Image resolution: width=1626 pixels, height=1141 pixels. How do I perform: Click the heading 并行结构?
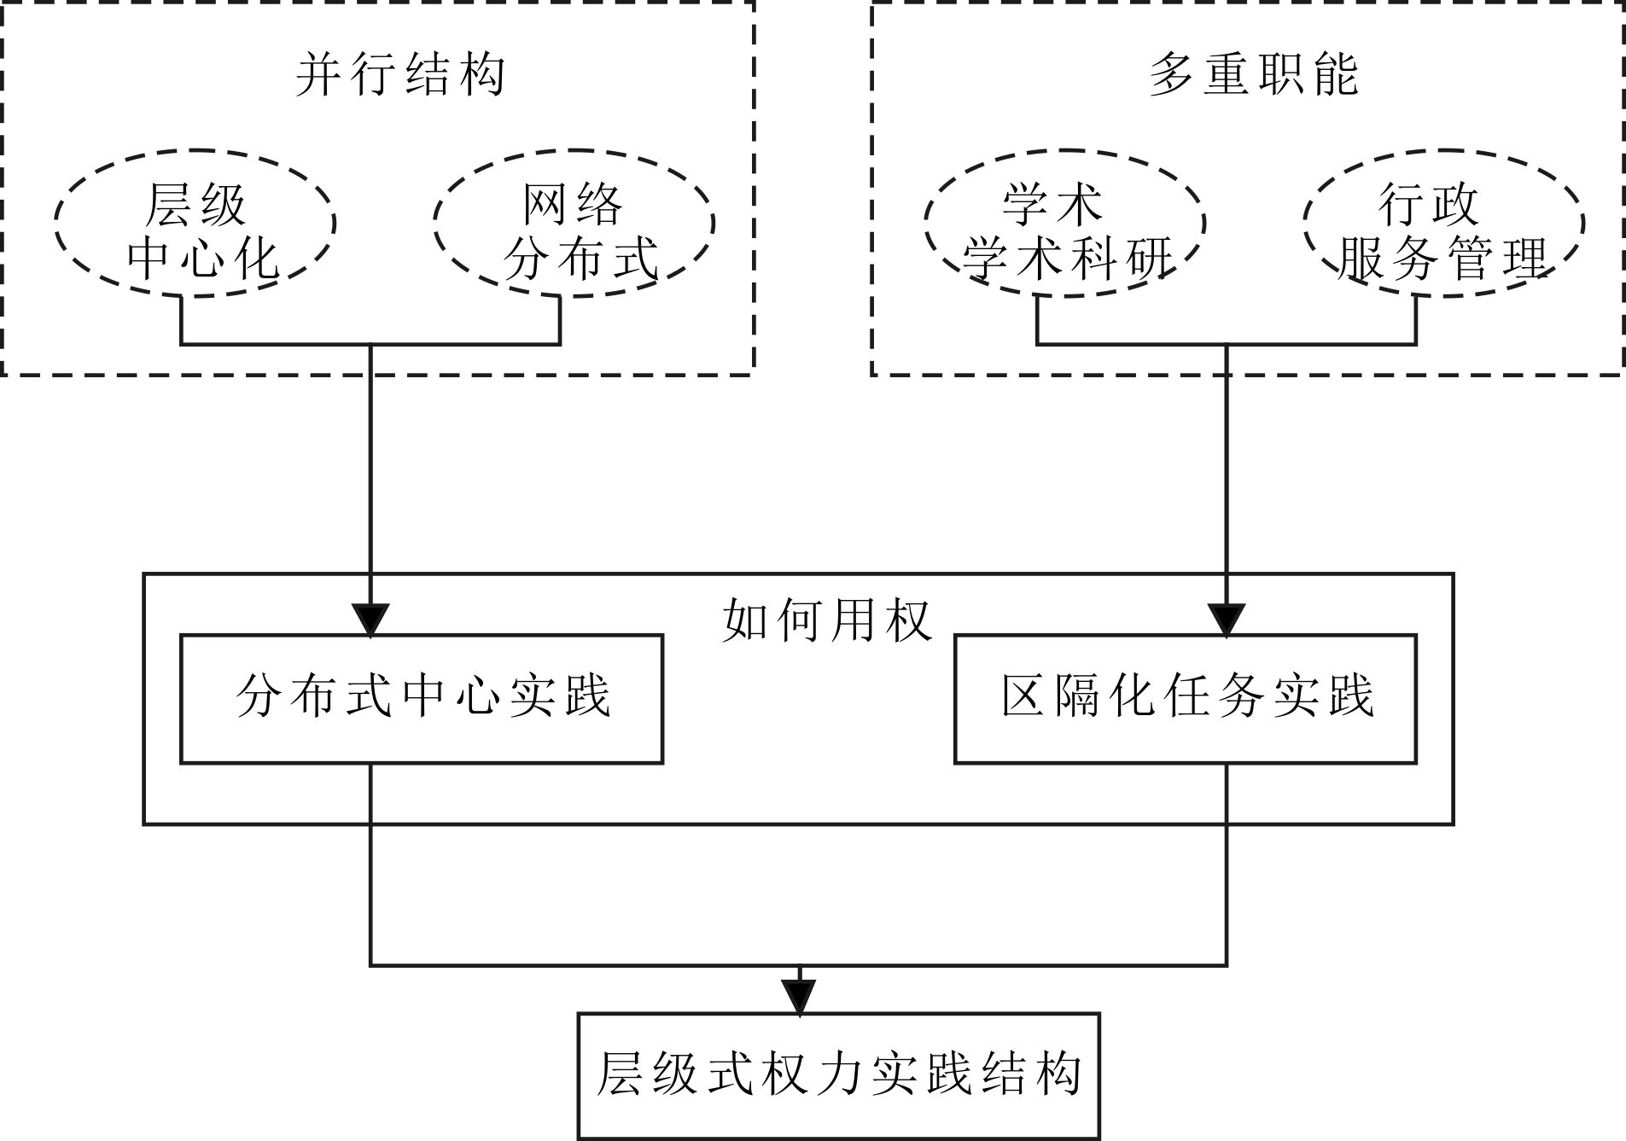(400, 74)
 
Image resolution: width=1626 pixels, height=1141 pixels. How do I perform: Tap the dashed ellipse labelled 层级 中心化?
(195, 224)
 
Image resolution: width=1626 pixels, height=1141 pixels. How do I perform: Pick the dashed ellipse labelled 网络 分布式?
(574, 224)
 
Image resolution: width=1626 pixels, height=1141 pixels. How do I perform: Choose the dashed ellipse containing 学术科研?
(1064, 224)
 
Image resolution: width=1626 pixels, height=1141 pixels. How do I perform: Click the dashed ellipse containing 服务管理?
(1443, 224)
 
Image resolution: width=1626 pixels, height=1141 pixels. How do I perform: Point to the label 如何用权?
(826, 620)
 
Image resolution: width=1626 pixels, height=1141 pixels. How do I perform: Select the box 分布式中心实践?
(422, 698)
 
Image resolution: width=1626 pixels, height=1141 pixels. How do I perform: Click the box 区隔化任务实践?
(1185, 698)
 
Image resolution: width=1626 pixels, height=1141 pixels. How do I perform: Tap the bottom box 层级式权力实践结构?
(838, 1075)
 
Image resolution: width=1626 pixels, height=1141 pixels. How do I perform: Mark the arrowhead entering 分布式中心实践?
(370, 620)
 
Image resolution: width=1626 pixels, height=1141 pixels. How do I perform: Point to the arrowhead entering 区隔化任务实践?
(1227, 620)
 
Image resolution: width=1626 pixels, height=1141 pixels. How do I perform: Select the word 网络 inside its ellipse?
(574, 205)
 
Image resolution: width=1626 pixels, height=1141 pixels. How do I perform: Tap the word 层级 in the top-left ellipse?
(195, 205)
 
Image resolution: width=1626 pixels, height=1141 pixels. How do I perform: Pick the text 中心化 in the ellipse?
(203, 258)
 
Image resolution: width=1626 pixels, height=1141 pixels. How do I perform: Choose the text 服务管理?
(1443, 258)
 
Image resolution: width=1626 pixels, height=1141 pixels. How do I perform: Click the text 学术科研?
(1068, 258)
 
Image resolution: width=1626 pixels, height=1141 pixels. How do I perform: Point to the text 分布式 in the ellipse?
(580, 258)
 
